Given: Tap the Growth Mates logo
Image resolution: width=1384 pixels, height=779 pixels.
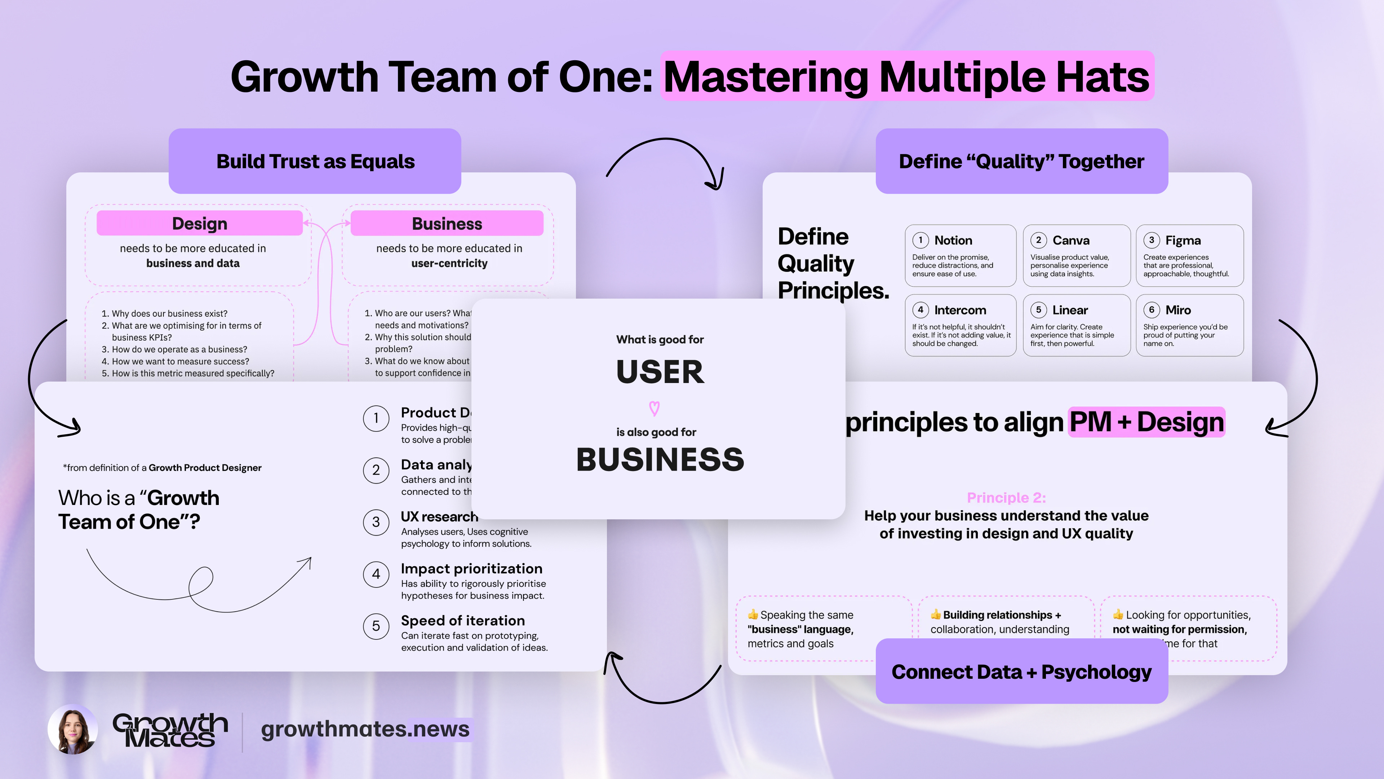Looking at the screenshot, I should pyautogui.click(x=170, y=730).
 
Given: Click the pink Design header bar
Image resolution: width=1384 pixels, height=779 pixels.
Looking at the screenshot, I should pyautogui.click(x=199, y=223).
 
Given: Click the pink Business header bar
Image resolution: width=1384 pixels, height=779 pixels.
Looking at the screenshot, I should pyautogui.click(x=447, y=223).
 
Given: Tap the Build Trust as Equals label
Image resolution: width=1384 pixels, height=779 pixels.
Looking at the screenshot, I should pyautogui.click(x=315, y=161).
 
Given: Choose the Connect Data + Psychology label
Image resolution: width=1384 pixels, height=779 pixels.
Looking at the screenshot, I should pyautogui.click(x=1021, y=672).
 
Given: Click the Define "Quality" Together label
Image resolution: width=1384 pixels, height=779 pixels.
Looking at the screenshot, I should pyautogui.click(x=1021, y=161).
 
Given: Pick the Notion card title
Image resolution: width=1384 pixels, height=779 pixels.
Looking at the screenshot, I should pyautogui.click(x=953, y=240).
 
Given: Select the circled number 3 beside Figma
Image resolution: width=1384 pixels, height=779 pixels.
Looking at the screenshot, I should pyautogui.click(x=1152, y=240).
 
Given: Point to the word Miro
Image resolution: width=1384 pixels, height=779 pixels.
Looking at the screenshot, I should pyautogui.click(x=1178, y=310).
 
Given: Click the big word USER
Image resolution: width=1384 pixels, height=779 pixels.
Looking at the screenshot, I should pyautogui.click(x=660, y=371).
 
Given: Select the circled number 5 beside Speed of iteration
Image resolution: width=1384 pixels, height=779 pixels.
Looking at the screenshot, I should pyautogui.click(x=376, y=626).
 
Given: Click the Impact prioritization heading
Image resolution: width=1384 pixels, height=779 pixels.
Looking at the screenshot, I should pyautogui.click(x=471, y=569).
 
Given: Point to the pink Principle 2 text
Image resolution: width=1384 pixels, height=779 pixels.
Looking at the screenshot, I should pyautogui.click(x=1006, y=498).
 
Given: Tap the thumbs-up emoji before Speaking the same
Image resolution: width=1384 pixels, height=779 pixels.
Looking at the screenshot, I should pyautogui.click(x=753, y=615).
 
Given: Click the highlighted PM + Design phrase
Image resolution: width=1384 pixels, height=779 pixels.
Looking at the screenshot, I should pyautogui.click(x=1146, y=422).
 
